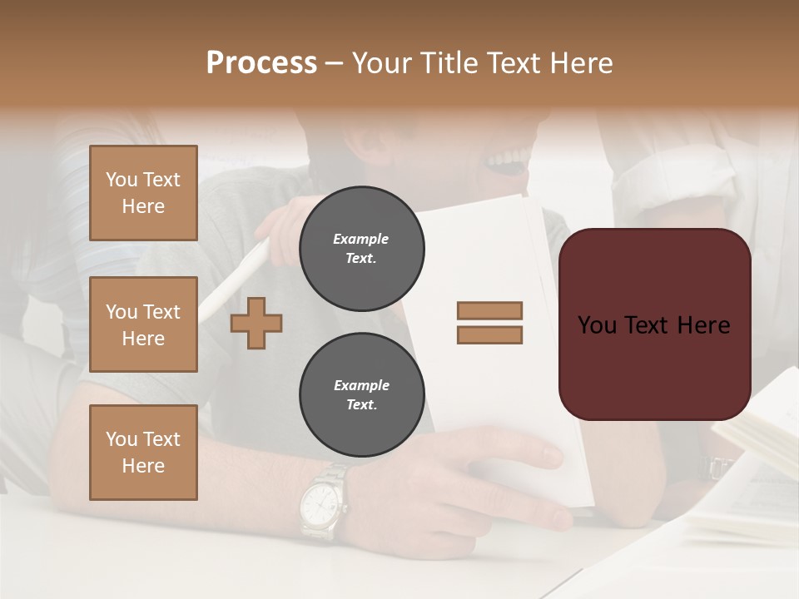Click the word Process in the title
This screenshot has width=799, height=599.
(261, 62)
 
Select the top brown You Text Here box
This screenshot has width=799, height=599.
(143, 193)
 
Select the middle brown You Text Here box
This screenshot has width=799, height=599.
(143, 324)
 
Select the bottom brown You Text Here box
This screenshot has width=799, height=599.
(143, 452)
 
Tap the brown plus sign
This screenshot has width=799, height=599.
(256, 323)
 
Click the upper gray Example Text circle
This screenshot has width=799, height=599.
(361, 249)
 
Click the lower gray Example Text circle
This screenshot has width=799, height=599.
(361, 395)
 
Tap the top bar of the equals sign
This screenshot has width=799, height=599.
(489, 311)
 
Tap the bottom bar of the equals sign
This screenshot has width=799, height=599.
(489, 335)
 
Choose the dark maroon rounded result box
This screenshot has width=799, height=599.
(654, 324)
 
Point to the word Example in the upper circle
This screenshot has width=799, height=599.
(360, 239)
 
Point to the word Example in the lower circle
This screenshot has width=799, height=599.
(361, 385)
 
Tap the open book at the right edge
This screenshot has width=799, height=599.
(753, 466)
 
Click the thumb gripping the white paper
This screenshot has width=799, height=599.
(541, 453)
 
